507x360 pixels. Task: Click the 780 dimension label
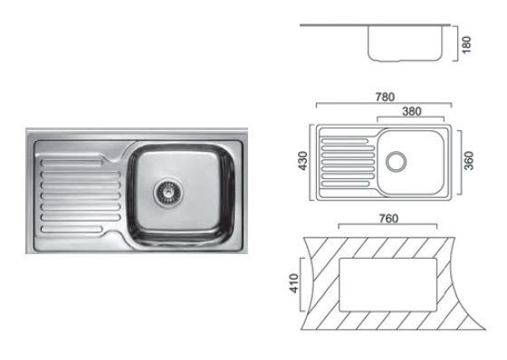click(x=385, y=97)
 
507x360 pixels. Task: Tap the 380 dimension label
click(x=412, y=111)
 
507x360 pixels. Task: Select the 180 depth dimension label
click(x=466, y=44)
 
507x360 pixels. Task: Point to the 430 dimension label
click(x=303, y=161)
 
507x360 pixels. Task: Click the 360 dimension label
click(x=469, y=161)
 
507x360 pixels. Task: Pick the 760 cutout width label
click(x=388, y=219)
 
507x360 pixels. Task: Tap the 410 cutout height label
click(x=294, y=283)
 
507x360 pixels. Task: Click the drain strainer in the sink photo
click(x=167, y=193)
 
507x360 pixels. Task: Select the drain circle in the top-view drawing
click(x=397, y=161)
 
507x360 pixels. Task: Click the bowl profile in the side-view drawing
click(x=405, y=60)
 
